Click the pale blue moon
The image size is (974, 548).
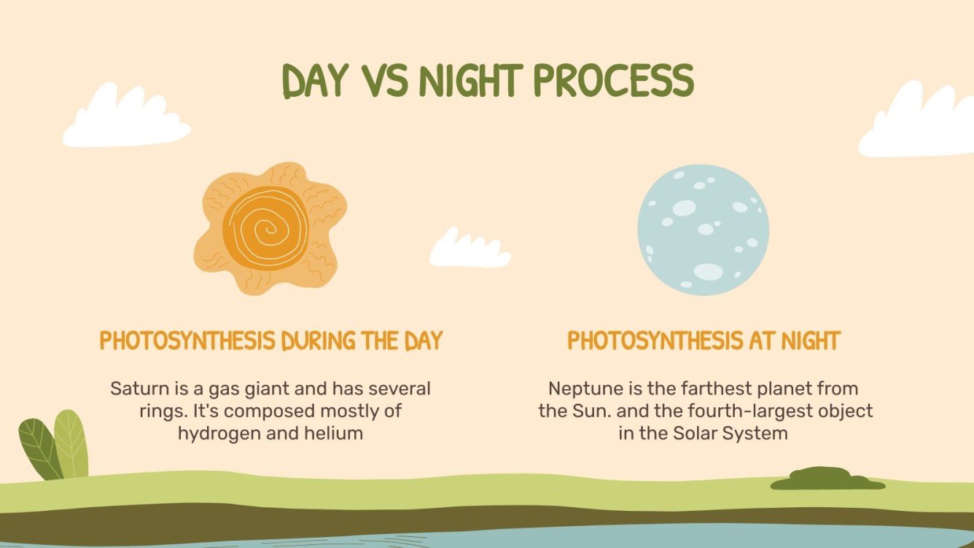point(703,230)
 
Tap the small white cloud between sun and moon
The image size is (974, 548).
point(469,248)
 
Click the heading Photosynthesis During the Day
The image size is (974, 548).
point(271,341)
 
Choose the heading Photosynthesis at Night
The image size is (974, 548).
point(704,341)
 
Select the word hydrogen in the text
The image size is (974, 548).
point(214,434)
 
